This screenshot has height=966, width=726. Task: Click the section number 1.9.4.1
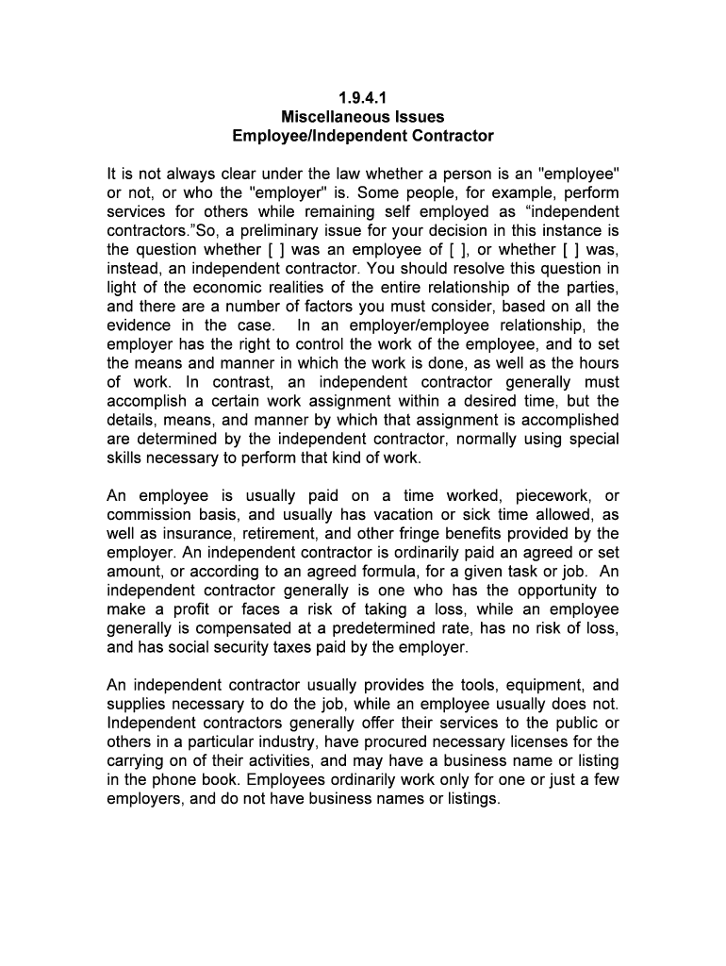coord(363,97)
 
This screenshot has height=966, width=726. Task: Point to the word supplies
coord(137,705)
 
